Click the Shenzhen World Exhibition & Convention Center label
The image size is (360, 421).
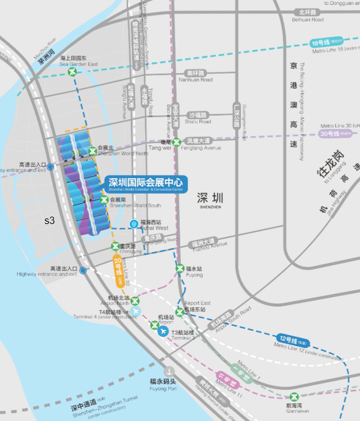(x=146, y=183)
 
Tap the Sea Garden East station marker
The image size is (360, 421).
(x=73, y=72)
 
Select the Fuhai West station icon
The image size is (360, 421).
(x=134, y=224)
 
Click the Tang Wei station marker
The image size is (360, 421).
(x=177, y=142)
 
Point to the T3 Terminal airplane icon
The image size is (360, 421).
(x=162, y=332)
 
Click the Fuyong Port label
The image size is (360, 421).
(x=163, y=384)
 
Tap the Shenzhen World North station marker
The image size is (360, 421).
(x=93, y=151)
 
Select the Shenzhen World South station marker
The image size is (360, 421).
(x=104, y=199)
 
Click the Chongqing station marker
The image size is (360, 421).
(x=115, y=247)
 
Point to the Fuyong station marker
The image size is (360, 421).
(x=179, y=268)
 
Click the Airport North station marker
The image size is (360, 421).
(x=136, y=301)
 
